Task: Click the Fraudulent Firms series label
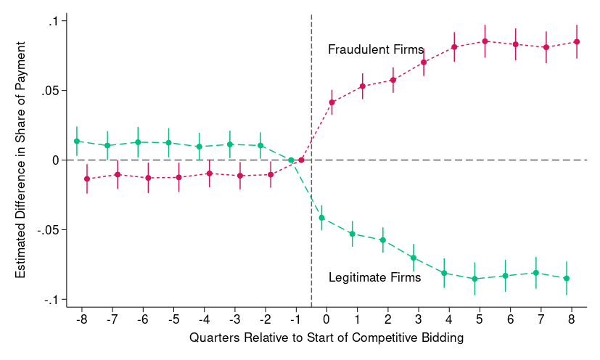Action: tap(376, 50)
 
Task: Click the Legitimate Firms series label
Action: tap(374, 277)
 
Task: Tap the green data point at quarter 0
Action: tap(321, 218)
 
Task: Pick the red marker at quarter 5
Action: tap(485, 41)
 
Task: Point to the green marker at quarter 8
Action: tap(567, 279)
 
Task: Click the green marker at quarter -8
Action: tap(77, 141)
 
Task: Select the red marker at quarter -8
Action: tap(87, 179)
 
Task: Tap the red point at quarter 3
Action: tap(424, 62)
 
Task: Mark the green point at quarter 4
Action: tap(444, 273)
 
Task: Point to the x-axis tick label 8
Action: tap(572, 319)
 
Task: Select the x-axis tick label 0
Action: tap(326, 319)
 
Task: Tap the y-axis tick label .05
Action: tap(50, 91)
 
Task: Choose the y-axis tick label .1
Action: tap(54, 21)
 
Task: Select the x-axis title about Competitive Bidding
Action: tap(326, 338)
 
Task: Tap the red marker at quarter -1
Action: tap(301, 160)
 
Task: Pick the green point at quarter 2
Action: tap(382, 240)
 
